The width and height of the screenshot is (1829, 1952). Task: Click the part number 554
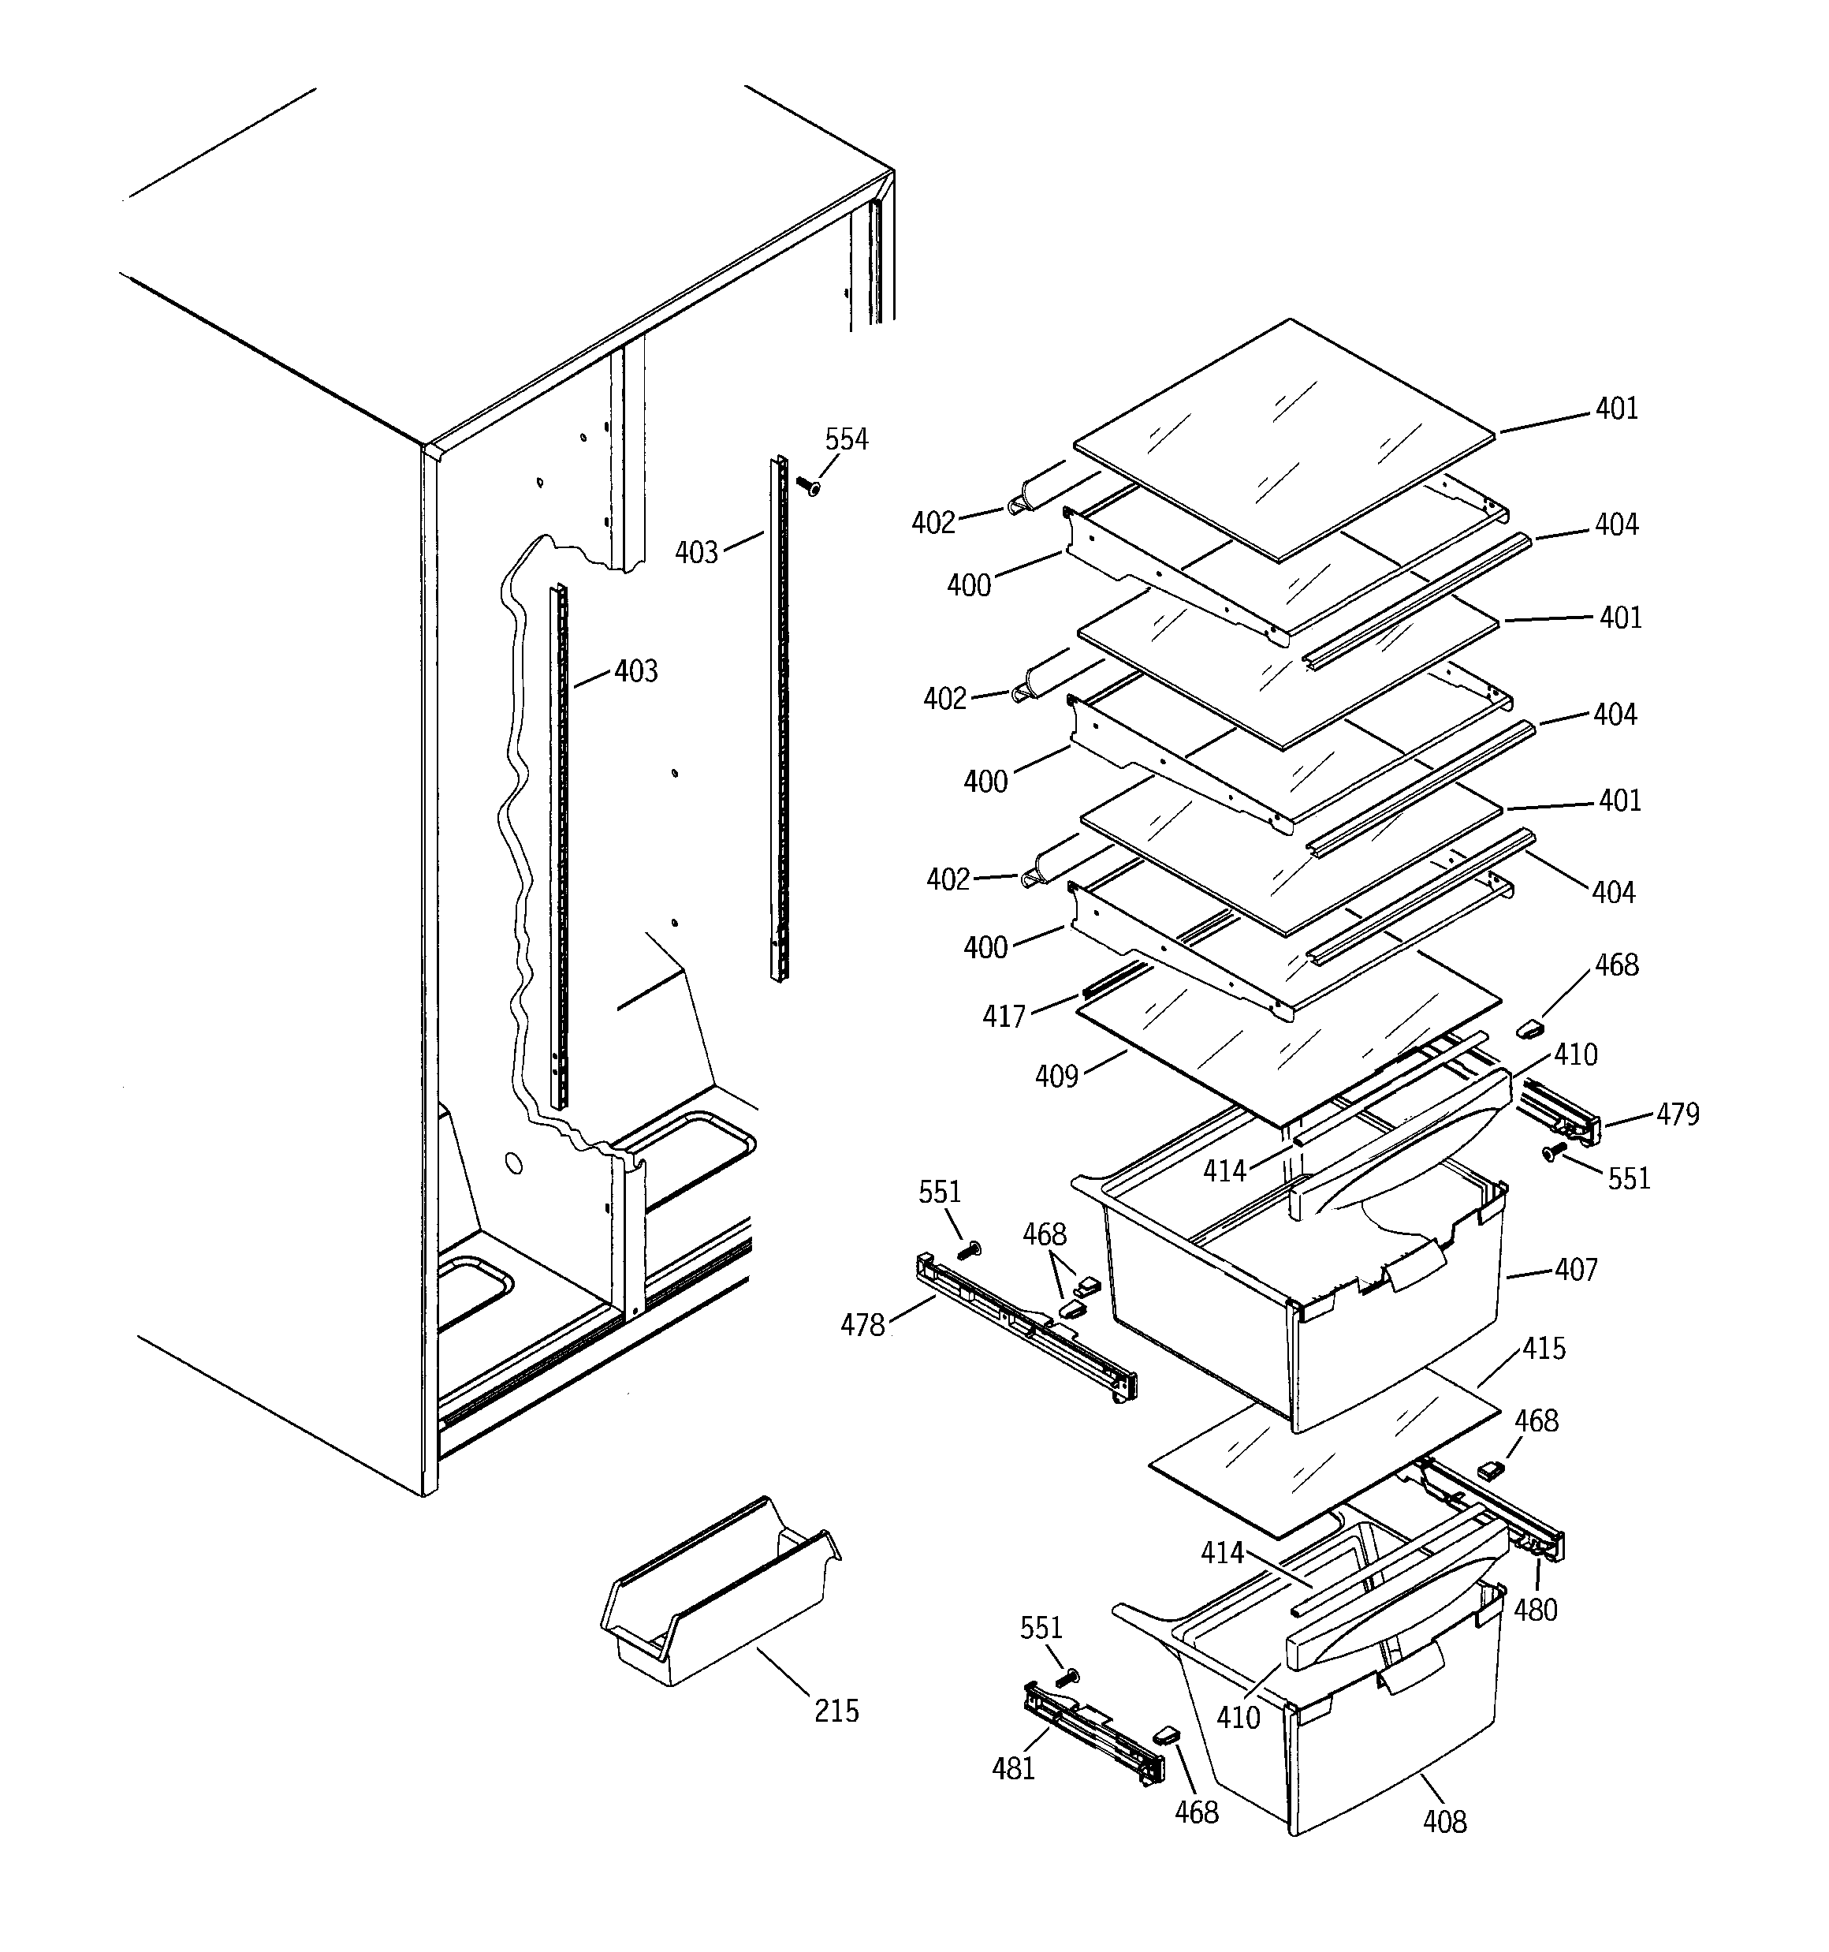[x=845, y=439]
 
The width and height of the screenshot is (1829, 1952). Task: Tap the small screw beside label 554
[x=808, y=485]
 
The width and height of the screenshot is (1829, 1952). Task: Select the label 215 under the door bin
[x=836, y=1711]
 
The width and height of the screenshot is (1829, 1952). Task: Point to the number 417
[x=1004, y=1017]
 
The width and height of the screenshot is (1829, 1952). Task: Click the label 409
[x=1056, y=1077]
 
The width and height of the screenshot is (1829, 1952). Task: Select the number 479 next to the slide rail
[x=1677, y=1114]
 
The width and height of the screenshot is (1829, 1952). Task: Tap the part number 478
[x=862, y=1327]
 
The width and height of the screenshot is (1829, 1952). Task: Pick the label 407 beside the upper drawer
[x=1576, y=1270]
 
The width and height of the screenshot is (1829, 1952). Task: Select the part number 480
[x=1536, y=1610]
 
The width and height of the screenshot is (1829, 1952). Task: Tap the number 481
[x=1013, y=1768]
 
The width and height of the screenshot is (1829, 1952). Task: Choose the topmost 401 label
[x=1617, y=409]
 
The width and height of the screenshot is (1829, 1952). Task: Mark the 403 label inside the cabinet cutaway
[x=635, y=672]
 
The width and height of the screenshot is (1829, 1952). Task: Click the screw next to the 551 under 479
[x=1551, y=1154]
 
